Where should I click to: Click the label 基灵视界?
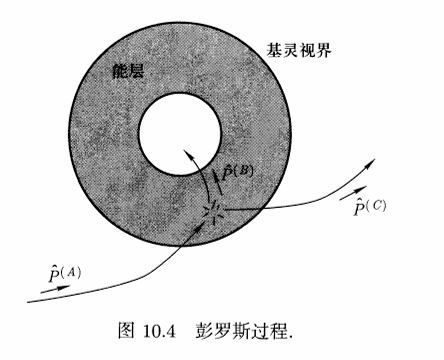299,51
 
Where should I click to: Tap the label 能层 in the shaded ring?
128,71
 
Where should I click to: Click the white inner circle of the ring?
180,133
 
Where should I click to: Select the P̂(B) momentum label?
238,173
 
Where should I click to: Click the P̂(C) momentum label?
370,207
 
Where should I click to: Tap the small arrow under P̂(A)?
55,289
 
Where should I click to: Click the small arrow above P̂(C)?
353,193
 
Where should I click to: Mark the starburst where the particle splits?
214,211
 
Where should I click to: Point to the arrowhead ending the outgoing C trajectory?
371,162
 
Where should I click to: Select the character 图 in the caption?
126,331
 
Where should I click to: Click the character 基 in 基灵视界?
274,51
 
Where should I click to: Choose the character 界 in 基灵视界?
324,51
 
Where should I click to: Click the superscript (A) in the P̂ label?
71,272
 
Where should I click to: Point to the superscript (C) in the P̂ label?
377,205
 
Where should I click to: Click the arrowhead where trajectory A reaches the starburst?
201,223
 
